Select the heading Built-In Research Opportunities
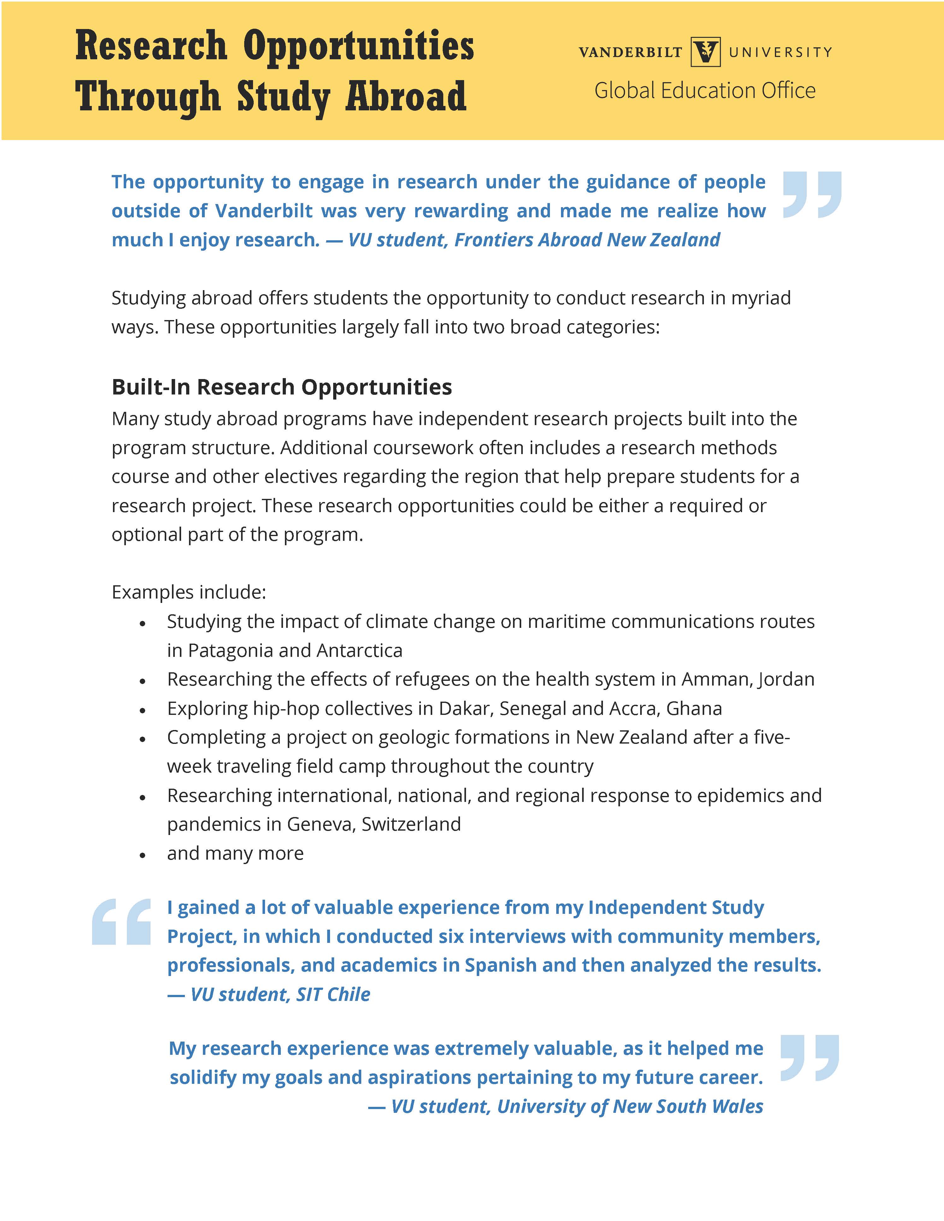click(282, 387)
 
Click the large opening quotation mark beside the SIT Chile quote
click(121, 922)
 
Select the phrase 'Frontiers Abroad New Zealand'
click(587, 240)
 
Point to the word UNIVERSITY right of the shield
click(780, 52)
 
